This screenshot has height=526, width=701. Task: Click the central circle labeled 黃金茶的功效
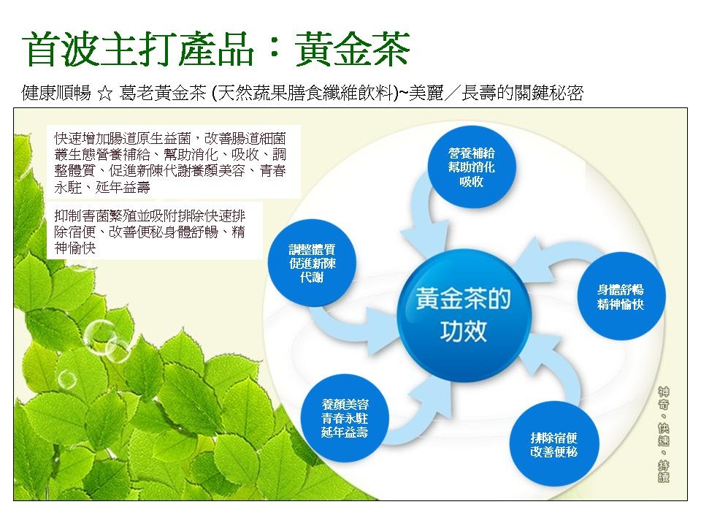tap(464, 316)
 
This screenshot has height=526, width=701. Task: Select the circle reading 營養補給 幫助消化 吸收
tap(472, 167)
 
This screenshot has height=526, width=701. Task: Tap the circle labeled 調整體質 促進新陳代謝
tap(312, 262)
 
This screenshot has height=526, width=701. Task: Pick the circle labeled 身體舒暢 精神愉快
tap(620, 296)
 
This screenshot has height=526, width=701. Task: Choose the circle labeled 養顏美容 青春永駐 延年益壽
tap(345, 418)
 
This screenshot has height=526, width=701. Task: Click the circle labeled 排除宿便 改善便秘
tap(554, 444)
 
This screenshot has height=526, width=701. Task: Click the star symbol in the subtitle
tap(105, 94)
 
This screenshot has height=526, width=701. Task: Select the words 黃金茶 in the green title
tap(352, 49)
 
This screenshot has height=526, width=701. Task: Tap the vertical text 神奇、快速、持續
tap(664, 434)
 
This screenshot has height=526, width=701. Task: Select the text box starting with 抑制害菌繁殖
tap(154, 231)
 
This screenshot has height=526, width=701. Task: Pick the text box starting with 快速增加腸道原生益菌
tap(174, 162)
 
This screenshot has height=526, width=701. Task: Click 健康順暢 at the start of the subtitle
tap(56, 93)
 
